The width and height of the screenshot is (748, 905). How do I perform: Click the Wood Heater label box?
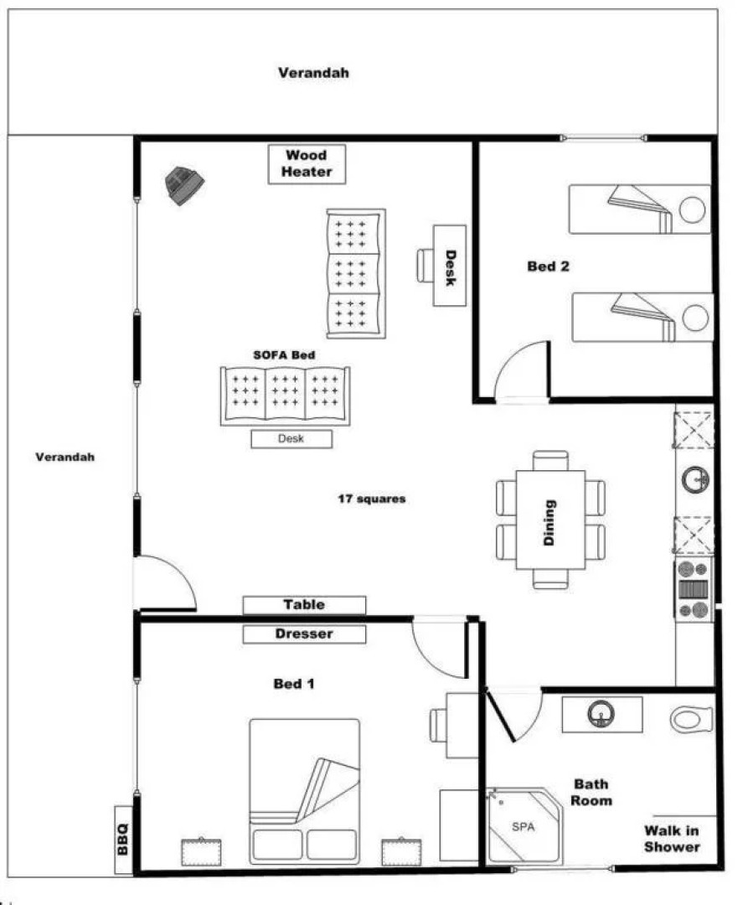pyautogui.click(x=306, y=163)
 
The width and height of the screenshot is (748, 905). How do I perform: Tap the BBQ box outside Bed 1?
pyautogui.click(x=123, y=840)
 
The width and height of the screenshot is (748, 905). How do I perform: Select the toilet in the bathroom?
pyautogui.click(x=691, y=719)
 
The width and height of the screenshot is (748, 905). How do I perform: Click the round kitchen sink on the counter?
pyautogui.click(x=694, y=480)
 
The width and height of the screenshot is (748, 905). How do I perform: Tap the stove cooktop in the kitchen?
pyautogui.click(x=694, y=590)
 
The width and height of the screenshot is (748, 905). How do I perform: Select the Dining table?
pyautogui.click(x=550, y=520)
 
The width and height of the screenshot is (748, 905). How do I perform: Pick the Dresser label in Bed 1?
pyautogui.click(x=304, y=634)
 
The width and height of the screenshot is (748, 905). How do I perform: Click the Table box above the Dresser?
pyautogui.click(x=304, y=605)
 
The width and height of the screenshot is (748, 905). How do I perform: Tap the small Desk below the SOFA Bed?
pyautogui.click(x=291, y=439)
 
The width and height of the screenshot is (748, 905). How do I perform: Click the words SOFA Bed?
pyautogui.click(x=284, y=355)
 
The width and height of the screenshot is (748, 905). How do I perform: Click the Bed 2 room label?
pyautogui.click(x=549, y=266)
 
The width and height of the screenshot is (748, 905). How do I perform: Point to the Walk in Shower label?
pyautogui.click(x=672, y=839)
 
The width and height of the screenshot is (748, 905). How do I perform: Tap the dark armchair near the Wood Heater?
pyautogui.click(x=183, y=184)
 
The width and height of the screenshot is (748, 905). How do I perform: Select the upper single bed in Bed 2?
pyautogui.click(x=640, y=209)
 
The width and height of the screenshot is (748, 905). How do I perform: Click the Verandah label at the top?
pyautogui.click(x=313, y=73)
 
